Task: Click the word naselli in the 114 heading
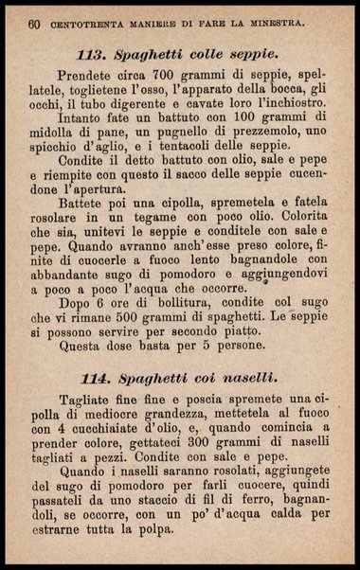(x=243, y=378)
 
